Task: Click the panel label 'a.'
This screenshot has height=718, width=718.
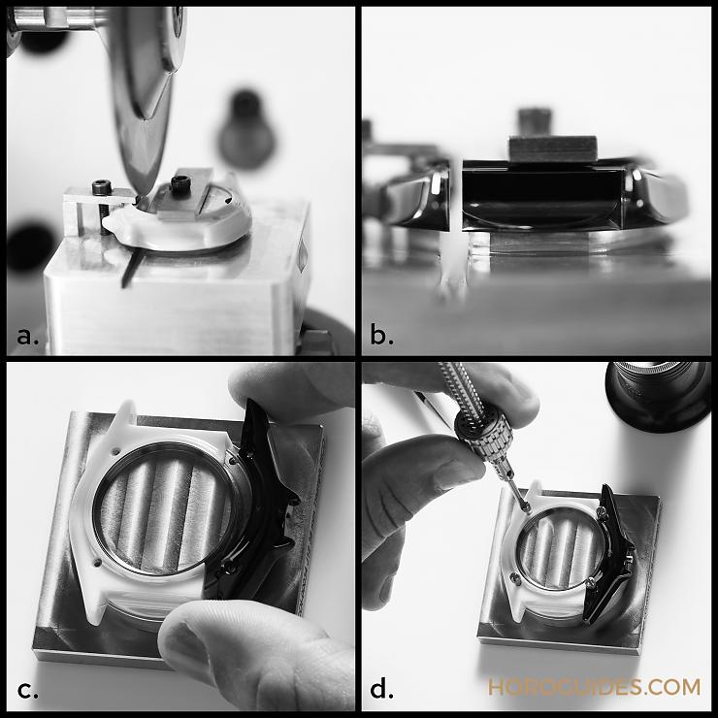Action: (27, 337)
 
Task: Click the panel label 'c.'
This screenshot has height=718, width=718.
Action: (27, 691)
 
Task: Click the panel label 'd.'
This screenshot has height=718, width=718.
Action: (382, 688)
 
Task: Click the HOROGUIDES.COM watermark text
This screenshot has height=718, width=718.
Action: (594, 687)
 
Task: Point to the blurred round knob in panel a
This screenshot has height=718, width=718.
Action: (246, 131)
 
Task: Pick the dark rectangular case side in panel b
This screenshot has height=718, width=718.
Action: (541, 195)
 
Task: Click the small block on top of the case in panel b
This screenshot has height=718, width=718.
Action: (553, 148)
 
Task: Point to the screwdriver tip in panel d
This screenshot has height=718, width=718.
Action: (527, 509)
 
